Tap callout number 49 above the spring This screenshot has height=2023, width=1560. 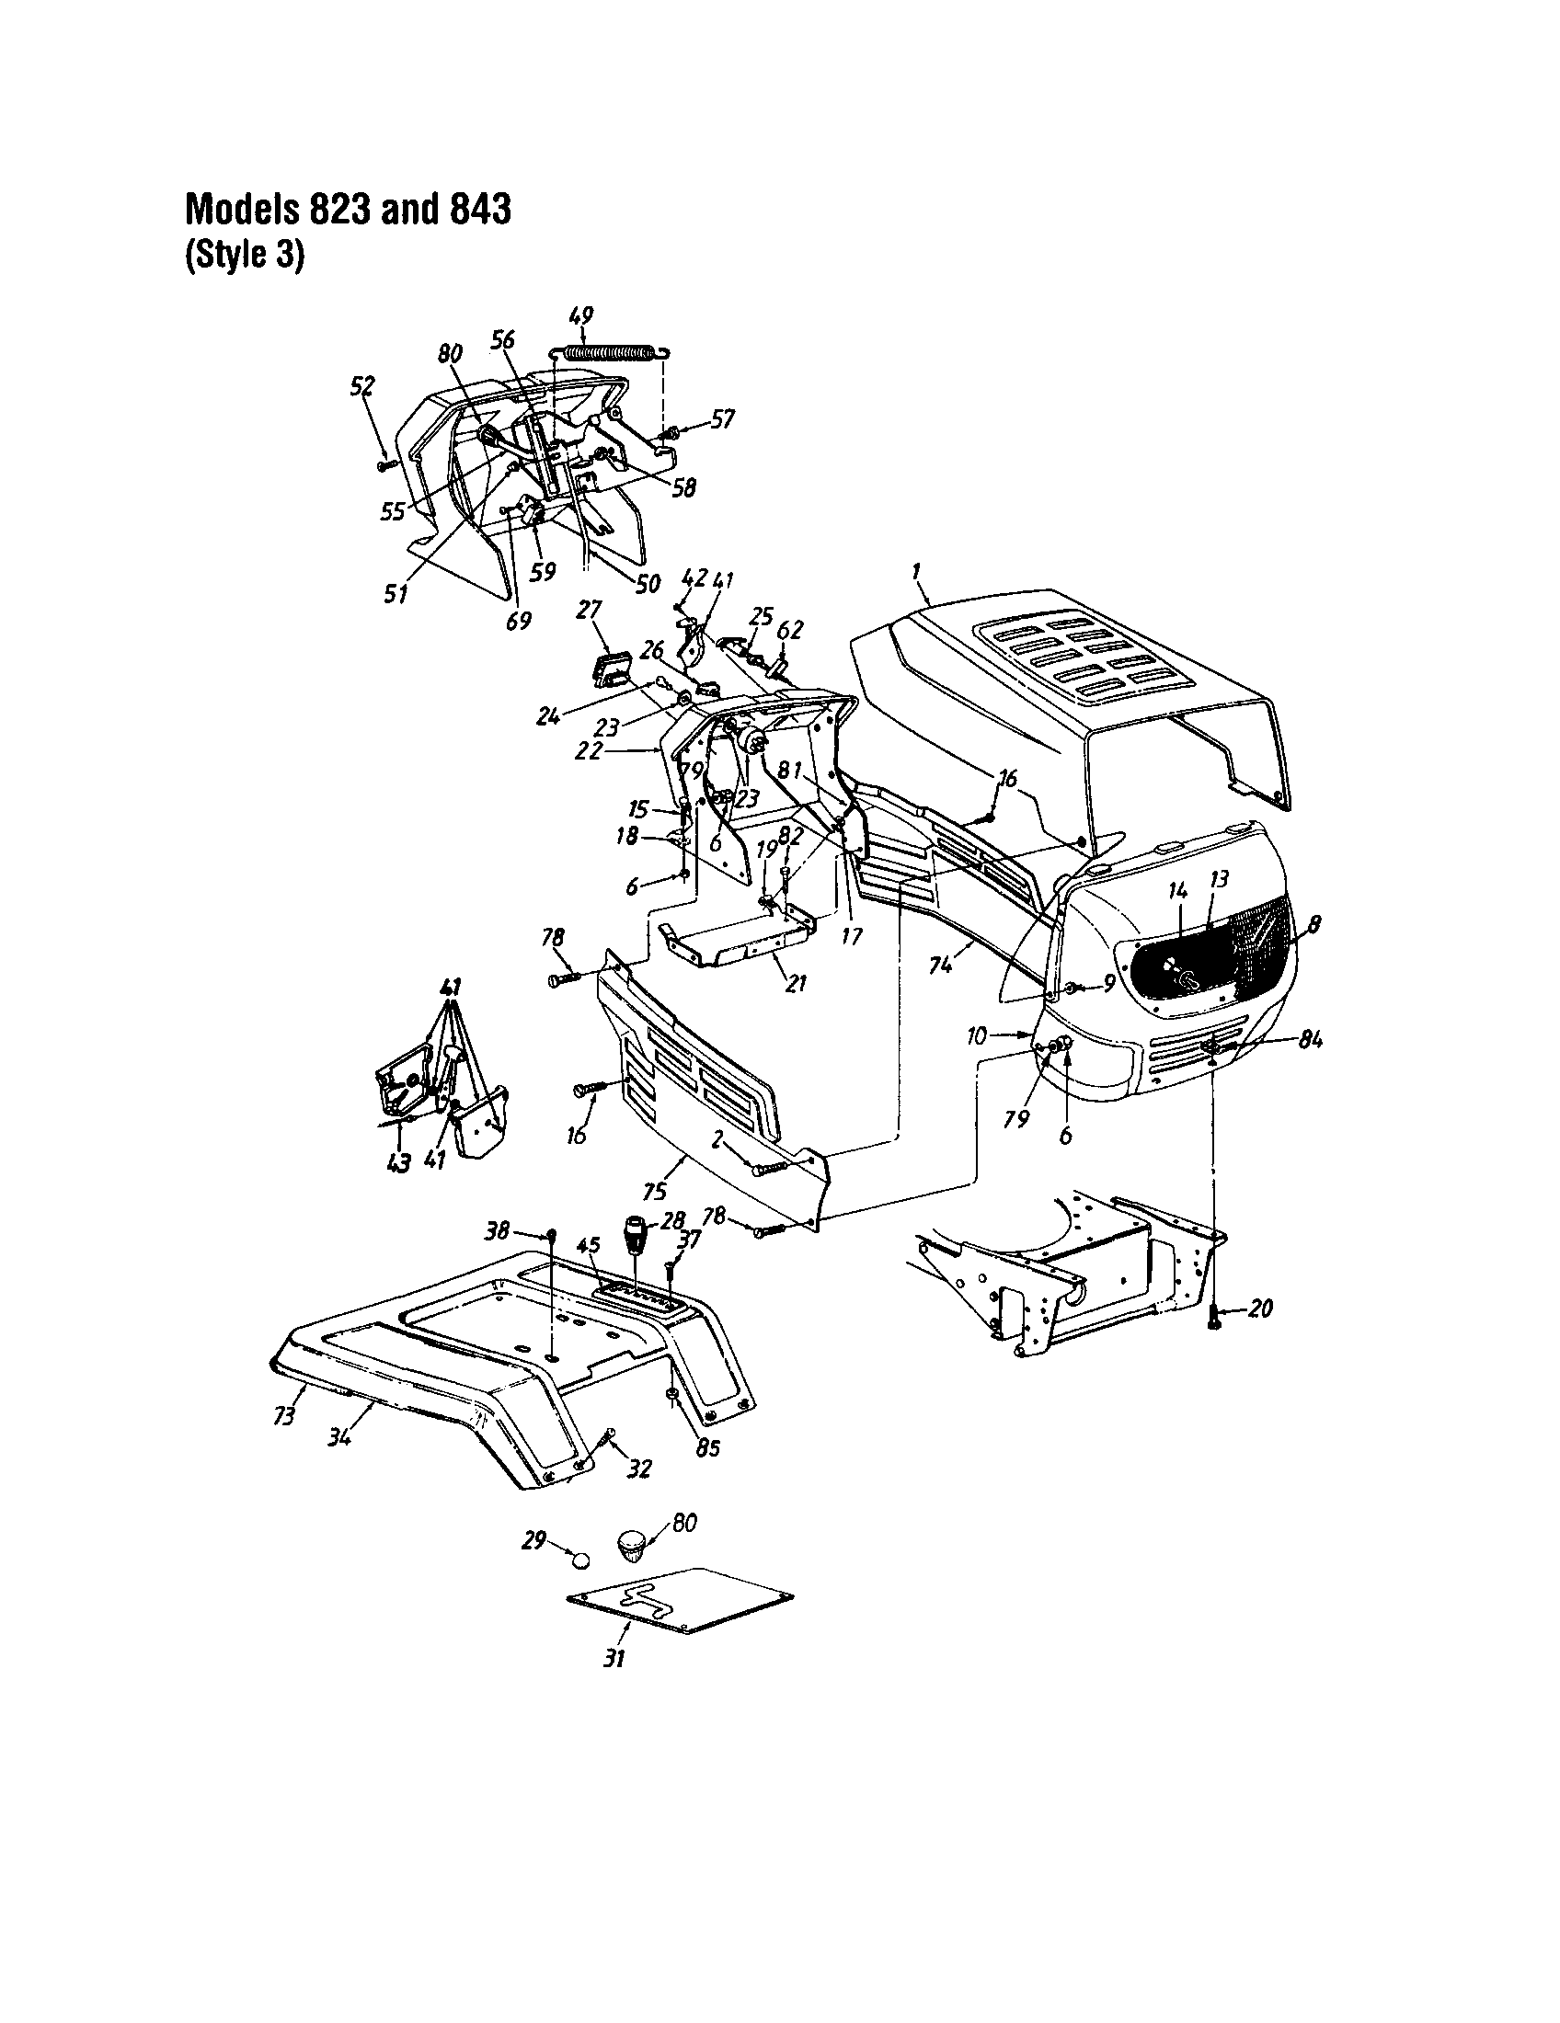(x=582, y=314)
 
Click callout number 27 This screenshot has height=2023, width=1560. (x=590, y=609)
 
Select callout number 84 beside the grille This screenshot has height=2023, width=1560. (x=1309, y=1039)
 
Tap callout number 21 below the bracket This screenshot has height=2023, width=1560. (x=796, y=984)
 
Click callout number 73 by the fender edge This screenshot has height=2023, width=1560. (x=284, y=1415)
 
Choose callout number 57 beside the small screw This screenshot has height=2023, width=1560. (x=723, y=419)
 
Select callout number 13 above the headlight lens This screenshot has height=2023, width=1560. (x=1218, y=878)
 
